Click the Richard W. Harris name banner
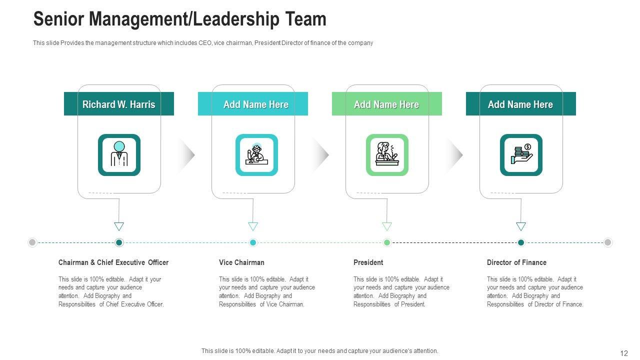[x=119, y=104]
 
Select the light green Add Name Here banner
[x=386, y=104]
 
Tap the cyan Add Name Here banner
[x=253, y=104]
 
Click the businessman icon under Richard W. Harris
[x=119, y=155]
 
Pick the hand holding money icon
[x=521, y=155]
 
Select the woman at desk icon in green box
[x=387, y=155]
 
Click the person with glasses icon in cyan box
[x=256, y=155]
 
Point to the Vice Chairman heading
[x=241, y=262]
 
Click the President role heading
[x=368, y=262]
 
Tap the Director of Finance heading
[x=516, y=262]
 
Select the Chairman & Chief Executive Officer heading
[x=113, y=262]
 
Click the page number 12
[x=623, y=353]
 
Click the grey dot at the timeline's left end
[x=32, y=242]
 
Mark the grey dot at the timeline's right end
[x=608, y=242]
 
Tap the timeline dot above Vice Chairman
[x=253, y=242]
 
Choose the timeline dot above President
[x=387, y=242]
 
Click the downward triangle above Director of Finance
[x=521, y=226]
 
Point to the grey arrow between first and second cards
[x=187, y=155]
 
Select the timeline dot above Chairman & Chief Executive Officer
[x=119, y=242]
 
